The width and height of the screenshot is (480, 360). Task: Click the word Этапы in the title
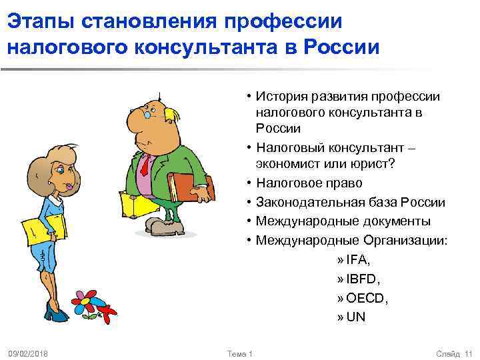[41, 21]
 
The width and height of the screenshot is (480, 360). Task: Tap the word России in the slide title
[341, 48]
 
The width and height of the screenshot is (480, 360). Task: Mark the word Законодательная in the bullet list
[303, 202]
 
